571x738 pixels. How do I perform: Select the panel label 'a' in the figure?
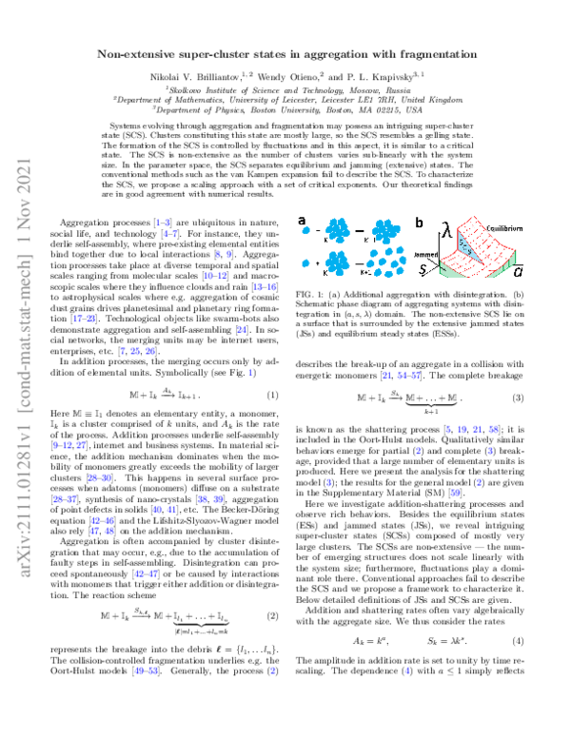[304, 195]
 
